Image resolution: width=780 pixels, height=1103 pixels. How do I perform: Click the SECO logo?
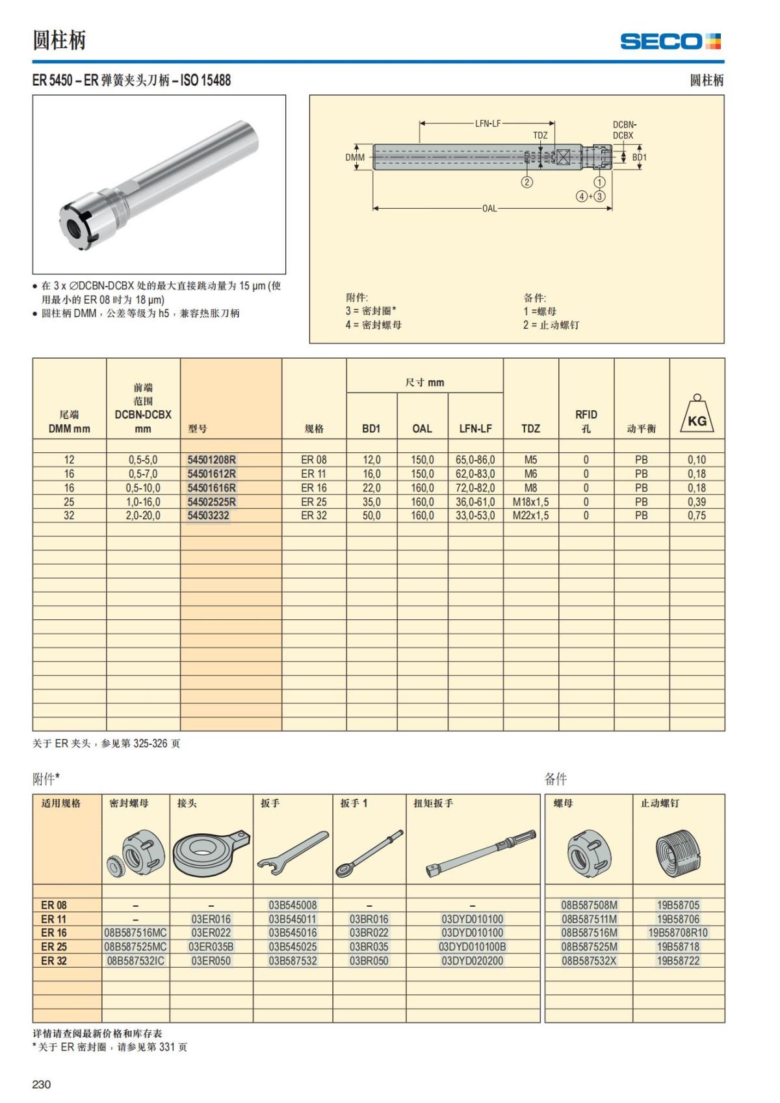coord(670,42)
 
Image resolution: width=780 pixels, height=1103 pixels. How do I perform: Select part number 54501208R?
coord(211,460)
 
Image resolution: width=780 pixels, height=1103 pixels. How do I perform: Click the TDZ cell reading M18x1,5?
coord(530,502)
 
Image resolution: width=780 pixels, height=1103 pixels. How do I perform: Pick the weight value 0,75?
coord(696,515)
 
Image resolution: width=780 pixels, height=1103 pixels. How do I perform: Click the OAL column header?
coord(422,428)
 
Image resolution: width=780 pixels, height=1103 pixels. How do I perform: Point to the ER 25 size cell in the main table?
coord(313,502)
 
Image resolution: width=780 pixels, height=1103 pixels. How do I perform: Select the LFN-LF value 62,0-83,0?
coord(474,474)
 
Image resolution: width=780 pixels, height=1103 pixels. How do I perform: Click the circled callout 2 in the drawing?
coord(527,182)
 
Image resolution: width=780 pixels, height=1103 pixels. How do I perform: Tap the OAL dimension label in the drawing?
coord(489,209)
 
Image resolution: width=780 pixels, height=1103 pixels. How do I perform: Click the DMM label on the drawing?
coord(355,157)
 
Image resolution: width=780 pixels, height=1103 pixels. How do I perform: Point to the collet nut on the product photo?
coord(81,224)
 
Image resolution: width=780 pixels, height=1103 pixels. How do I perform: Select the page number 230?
coord(42,1084)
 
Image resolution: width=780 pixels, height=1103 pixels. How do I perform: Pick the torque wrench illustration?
coord(481,851)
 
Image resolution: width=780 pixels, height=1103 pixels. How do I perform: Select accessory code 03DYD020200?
coord(472,961)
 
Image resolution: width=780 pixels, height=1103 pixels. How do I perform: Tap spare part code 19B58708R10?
coord(678,933)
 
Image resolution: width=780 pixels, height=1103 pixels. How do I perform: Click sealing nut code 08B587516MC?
coord(135,933)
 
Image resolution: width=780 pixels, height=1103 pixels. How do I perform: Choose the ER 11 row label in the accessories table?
coord(54,919)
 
